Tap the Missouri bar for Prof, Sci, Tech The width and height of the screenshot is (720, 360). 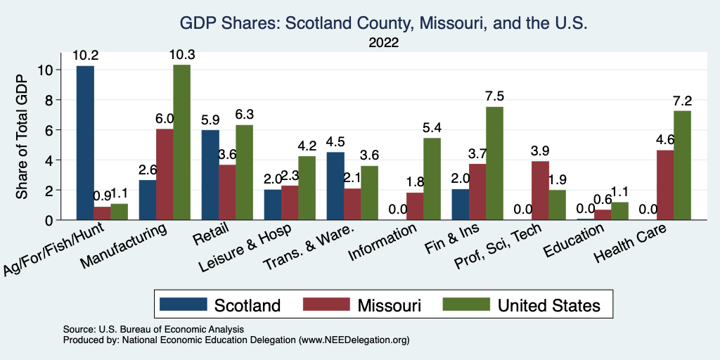point(540,191)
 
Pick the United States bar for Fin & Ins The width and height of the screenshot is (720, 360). point(494,164)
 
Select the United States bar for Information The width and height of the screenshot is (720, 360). point(432,179)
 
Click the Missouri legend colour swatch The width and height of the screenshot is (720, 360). point(326,304)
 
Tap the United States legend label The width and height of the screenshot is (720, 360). point(548,305)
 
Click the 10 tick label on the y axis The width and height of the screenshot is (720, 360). point(46,70)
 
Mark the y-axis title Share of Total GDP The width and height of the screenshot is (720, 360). point(22,137)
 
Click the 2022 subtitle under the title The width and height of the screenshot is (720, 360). point(383,43)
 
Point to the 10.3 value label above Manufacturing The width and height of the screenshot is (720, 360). point(181,54)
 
